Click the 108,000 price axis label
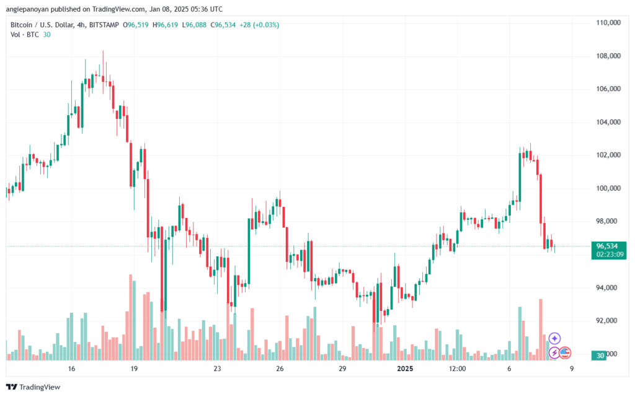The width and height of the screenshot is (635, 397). [x=608, y=56]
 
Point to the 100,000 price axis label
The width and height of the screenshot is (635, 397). [x=608, y=188]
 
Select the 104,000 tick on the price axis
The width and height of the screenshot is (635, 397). [x=608, y=122]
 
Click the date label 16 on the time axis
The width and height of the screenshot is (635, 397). [x=72, y=369]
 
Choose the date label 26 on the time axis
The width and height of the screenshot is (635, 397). [x=280, y=369]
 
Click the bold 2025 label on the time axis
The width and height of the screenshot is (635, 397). [x=405, y=369]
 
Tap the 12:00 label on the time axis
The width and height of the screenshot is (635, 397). [x=457, y=369]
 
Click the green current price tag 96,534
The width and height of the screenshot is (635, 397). [x=607, y=246]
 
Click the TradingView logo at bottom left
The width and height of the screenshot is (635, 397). [x=33, y=387]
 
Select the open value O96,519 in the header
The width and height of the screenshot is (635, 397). [x=136, y=25]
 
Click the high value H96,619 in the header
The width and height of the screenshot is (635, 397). [x=165, y=25]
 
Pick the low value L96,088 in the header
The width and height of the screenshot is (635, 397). [x=194, y=25]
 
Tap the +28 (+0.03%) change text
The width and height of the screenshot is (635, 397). [x=259, y=25]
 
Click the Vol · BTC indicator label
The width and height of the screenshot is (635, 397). [x=25, y=35]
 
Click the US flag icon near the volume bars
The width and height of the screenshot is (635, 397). [x=565, y=353]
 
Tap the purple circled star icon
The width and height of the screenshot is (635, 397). [x=554, y=338]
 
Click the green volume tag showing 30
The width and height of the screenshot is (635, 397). [x=600, y=356]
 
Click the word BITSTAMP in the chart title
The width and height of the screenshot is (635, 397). [x=104, y=25]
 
